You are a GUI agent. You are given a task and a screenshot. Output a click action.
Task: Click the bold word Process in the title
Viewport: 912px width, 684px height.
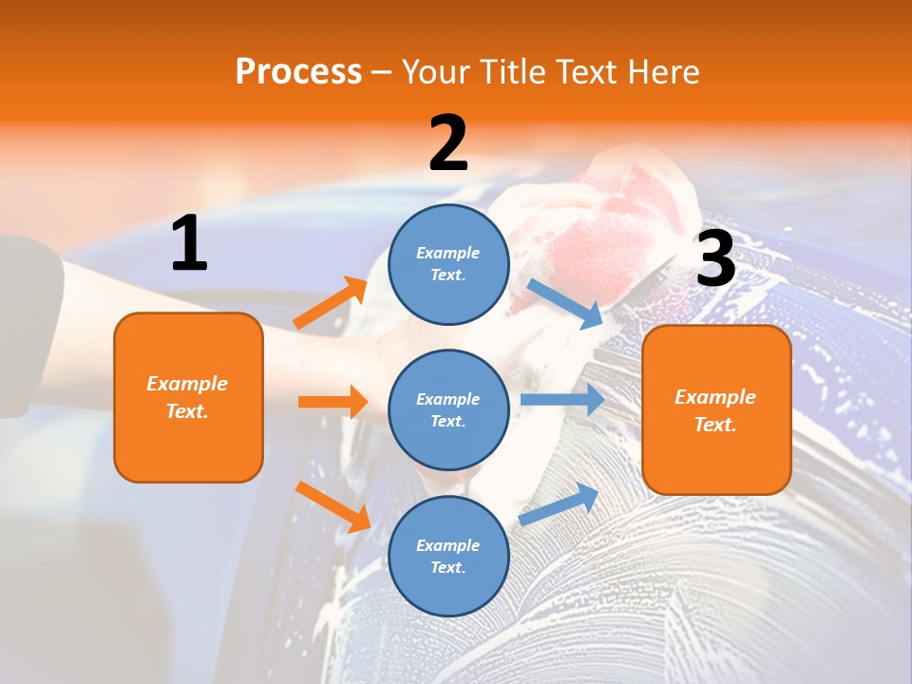tap(298, 72)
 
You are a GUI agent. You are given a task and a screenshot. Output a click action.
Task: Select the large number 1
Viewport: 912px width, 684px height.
tap(189, 244)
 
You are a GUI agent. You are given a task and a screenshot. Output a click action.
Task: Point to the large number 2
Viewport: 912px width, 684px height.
tap(447, 143)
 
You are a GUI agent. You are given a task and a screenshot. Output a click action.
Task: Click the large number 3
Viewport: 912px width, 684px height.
tap(715, 259)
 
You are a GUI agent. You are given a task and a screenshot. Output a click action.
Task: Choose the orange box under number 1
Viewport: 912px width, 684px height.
tap(188, 397)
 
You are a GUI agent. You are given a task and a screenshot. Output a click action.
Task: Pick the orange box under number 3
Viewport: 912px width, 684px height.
tap(716, 410)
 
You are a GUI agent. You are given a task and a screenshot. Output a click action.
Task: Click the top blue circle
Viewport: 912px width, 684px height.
tap(448, 264)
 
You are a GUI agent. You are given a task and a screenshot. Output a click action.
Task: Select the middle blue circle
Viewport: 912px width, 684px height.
tap(448, 409)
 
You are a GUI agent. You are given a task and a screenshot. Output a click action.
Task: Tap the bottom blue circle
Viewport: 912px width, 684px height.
tap(448, 556)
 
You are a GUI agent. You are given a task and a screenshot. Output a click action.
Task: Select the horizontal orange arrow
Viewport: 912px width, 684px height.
tap(332, 402)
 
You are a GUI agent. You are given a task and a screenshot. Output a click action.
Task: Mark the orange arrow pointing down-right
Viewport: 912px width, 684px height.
tap(332, 506)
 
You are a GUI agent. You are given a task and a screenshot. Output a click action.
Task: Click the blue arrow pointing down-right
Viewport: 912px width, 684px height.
tap(564, 303)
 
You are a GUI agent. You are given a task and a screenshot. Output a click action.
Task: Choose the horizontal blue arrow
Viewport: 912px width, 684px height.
tap(562, 400)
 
